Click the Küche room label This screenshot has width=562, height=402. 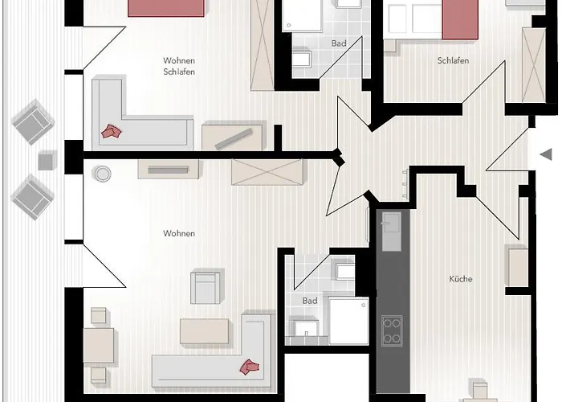(461, 279)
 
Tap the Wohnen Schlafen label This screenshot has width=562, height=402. (179, 66)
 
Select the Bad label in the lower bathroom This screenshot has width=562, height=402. (310, 301)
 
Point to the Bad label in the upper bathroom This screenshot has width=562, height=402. (339, 43)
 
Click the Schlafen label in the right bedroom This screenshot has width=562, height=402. (453, 60)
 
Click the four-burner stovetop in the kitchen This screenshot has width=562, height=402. (392, 330)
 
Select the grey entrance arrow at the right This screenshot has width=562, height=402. (546, 155)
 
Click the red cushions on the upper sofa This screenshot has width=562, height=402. (111, 131)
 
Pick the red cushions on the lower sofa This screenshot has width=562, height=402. (250, 367)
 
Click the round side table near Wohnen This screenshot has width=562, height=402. (102, 174)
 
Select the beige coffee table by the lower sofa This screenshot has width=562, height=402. (204, 331)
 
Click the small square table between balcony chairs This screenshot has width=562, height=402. (47, 161)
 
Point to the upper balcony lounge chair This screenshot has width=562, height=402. (33, 121)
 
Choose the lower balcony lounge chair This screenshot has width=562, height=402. (33, 197)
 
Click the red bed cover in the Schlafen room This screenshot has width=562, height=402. (460, 20)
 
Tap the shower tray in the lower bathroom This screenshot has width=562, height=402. (348, 321)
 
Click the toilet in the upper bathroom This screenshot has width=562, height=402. (301, 59)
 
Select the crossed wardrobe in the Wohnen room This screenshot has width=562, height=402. (267, 172)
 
